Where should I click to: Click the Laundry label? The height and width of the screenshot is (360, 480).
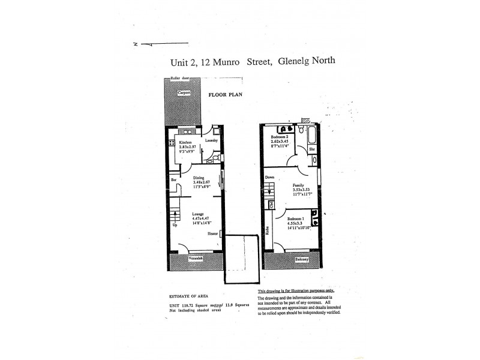point(211,140)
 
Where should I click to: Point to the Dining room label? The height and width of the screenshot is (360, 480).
point(199,178)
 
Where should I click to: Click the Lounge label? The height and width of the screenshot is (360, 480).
point(198,214)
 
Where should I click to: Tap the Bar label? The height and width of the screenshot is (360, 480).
point(173,179)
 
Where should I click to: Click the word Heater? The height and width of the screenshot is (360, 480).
point(212,234)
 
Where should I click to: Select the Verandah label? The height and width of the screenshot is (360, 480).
point(196,258)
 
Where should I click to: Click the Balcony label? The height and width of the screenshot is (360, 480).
point(302,259)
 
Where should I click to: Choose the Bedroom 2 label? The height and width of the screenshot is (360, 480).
point(280,137)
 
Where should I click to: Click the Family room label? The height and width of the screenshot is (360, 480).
point(298,185)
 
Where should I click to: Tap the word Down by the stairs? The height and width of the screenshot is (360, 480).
point(270,178)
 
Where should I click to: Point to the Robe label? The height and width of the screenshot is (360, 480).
point(267,230)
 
